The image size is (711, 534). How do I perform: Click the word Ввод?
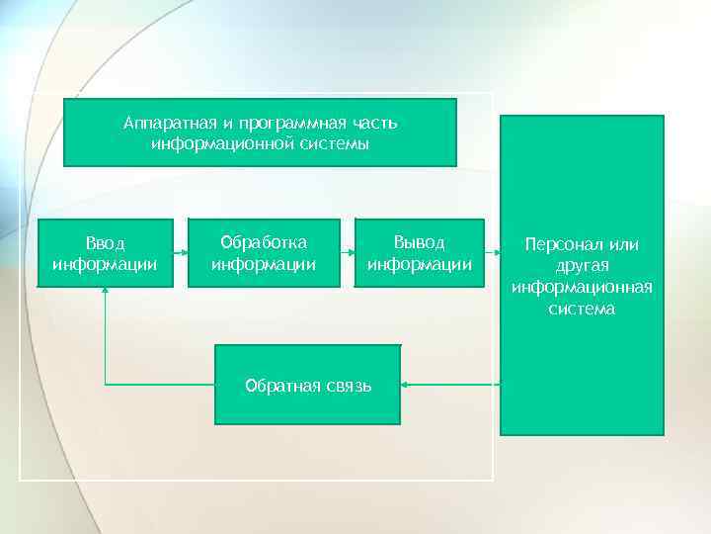point(105,242)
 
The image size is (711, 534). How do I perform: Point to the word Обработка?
point(264,242)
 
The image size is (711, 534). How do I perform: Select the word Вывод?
point(419,242)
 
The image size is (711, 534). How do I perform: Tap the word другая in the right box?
point(582,265)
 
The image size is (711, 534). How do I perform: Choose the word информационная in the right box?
point(582,287)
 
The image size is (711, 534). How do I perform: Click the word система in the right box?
point(582,309)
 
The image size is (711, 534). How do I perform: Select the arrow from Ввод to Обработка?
point(180,253)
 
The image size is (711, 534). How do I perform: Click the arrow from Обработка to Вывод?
point(347,253)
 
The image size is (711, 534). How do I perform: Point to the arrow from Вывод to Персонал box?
point(493,253)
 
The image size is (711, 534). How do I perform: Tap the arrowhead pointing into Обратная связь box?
point(406,384)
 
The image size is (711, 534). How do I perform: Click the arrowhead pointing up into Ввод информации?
point(105,293)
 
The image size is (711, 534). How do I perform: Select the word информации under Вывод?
point(419,264)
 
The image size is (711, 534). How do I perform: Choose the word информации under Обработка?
point(264,264)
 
